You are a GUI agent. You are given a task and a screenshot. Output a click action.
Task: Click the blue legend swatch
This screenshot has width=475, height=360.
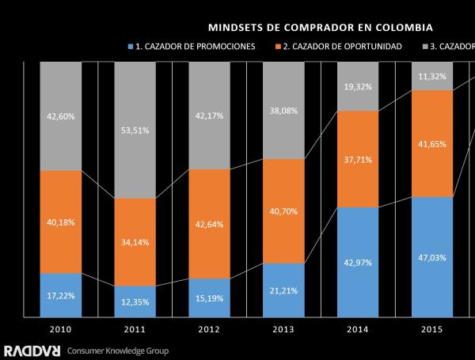tap(131, 46)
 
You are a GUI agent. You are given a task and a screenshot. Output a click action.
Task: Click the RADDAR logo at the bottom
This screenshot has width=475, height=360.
tap(32, 350)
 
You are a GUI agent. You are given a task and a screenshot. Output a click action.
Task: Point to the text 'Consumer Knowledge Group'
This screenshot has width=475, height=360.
tap(118, 350)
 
